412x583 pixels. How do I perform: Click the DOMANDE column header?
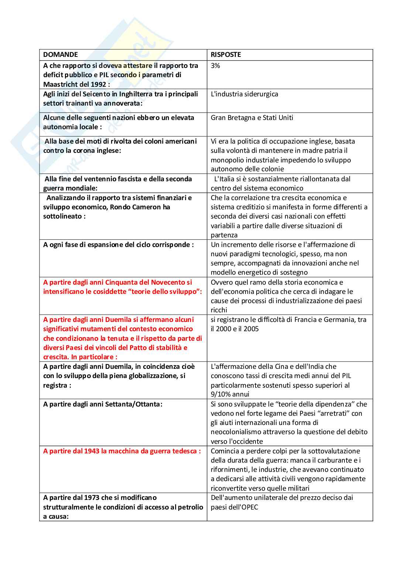point(61,55)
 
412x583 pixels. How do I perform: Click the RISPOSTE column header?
point(226,55)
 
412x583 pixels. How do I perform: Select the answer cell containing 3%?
point(215,66)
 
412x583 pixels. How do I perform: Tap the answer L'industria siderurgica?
point(244,94)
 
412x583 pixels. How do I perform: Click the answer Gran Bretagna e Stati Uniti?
point(252,118)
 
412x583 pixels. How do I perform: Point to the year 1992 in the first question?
point(99,84)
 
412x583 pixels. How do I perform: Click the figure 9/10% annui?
point(230,394)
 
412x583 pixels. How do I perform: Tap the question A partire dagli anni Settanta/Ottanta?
point(103,404)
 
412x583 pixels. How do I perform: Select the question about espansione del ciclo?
point(118,245)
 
